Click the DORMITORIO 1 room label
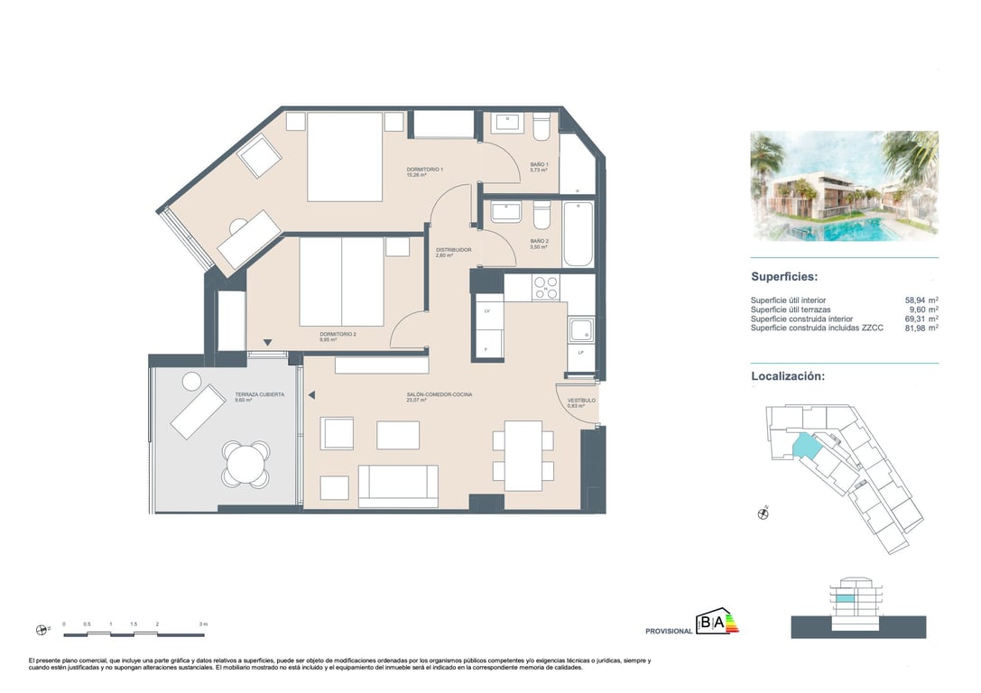click(x=424, y=170)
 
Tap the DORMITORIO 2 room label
click(x=338, y=335)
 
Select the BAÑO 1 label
click(x=539, y=164)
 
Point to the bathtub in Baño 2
click(x=578, y=235)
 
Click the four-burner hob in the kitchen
click(x=545, y=288)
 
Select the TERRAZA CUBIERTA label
click(x=259, y=395)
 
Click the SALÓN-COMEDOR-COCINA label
click(x=439, y=395)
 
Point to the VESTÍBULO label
click(x=581, y=401)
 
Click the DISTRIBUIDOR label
click(x=453, y=250)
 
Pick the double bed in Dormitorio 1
click(x=345, y=156)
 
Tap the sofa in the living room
click(x=398, y=486)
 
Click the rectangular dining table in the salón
click(x=523, y=456)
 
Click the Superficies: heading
click(x=784, y=277)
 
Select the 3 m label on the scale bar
click(x=203, y=624)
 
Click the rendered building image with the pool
click(x=844, y=186)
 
